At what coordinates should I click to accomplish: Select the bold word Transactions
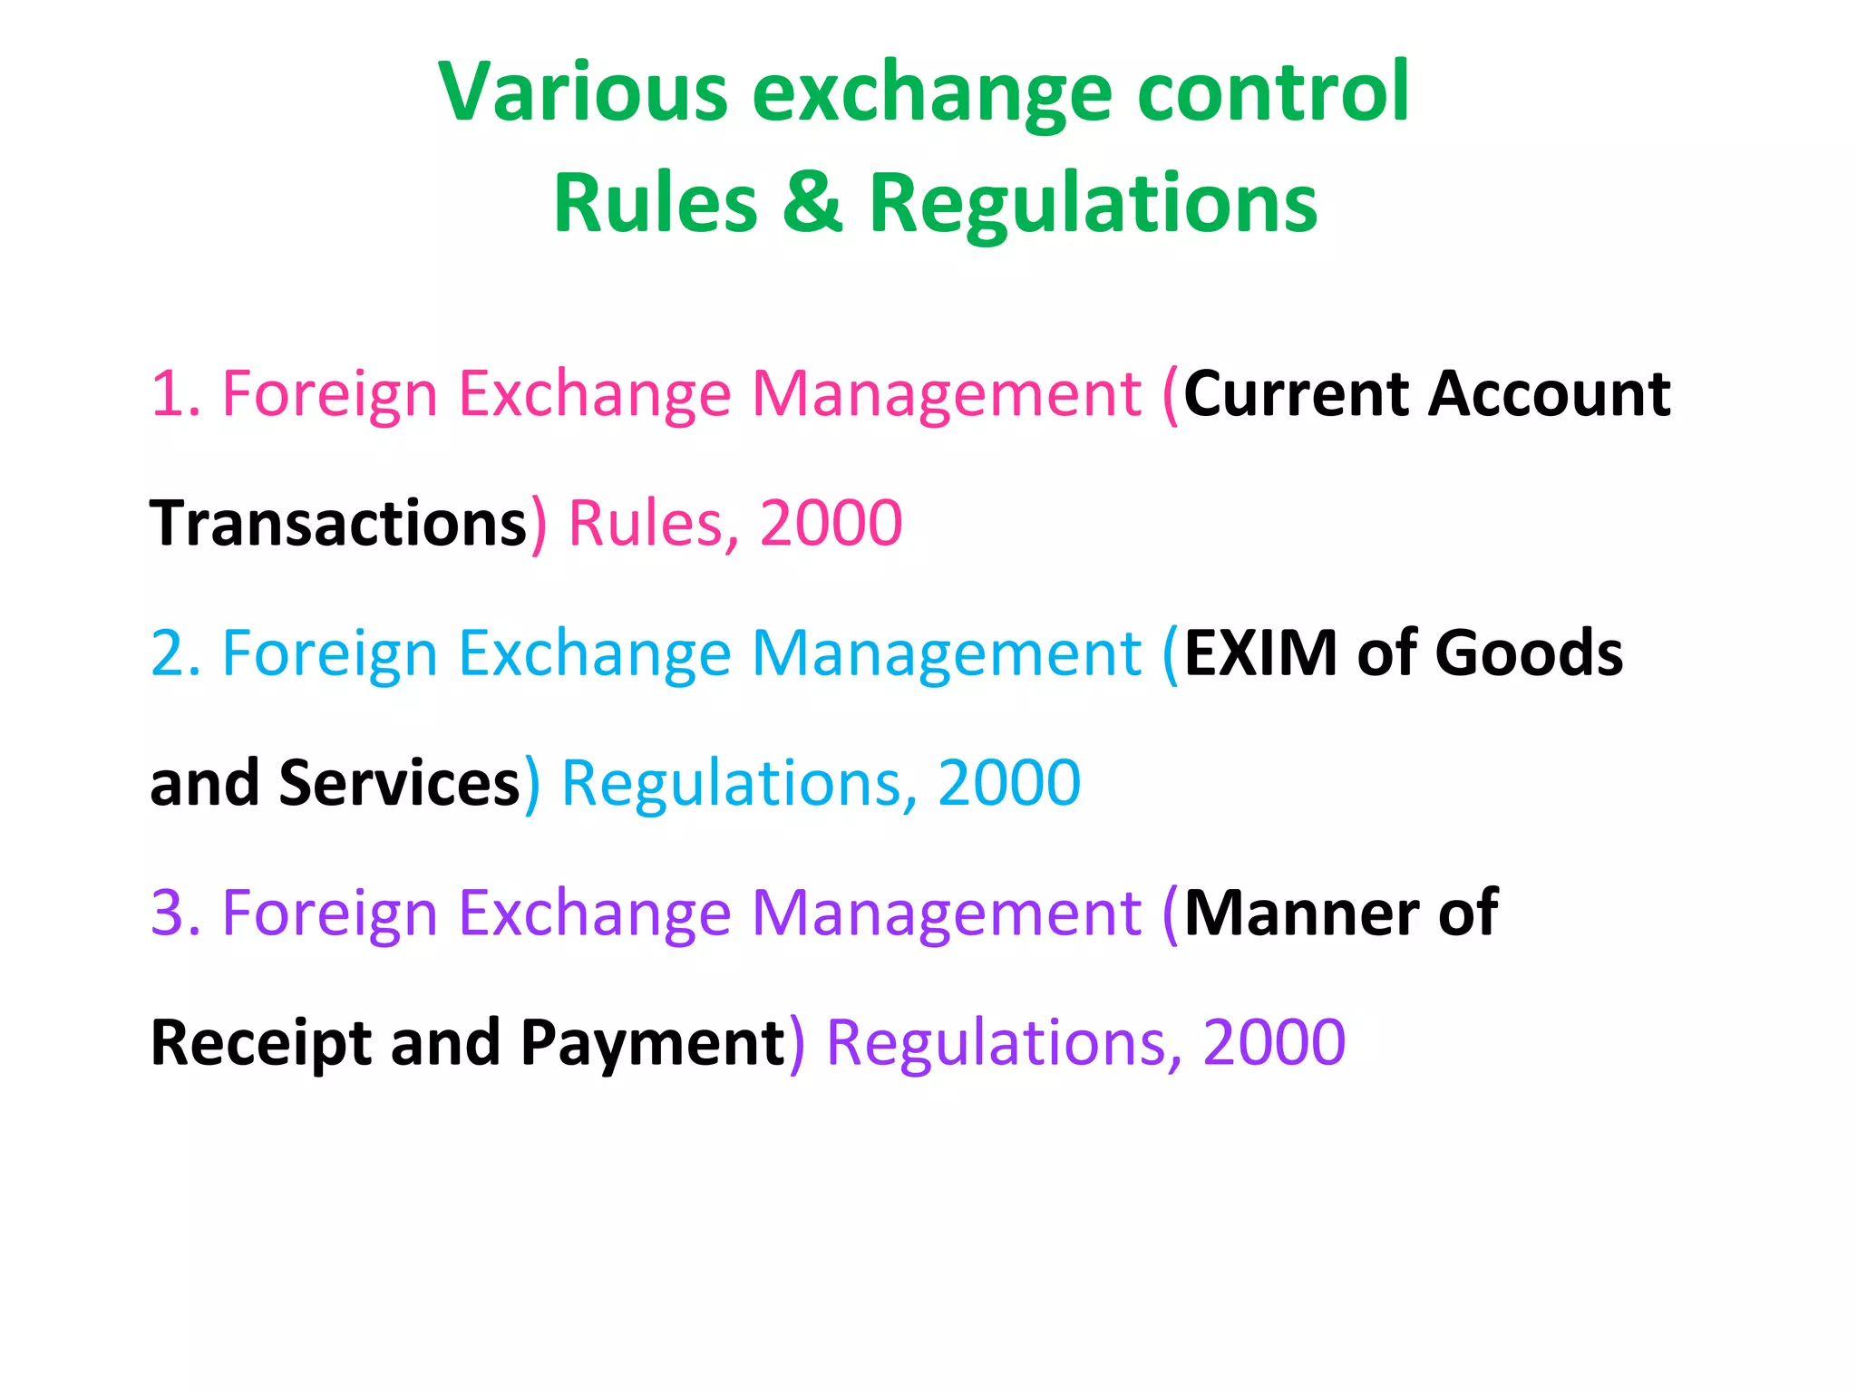(338, 524)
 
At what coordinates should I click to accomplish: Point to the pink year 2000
(831, 524)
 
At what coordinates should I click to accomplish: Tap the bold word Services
(399, 783)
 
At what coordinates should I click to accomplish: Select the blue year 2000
(1008, 783)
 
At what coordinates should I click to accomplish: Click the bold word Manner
(1300, 913)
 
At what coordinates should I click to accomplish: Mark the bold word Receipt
(260, 1043)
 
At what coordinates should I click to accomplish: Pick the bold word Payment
(652, 1043)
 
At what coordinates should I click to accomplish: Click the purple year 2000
(1273, 1043)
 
